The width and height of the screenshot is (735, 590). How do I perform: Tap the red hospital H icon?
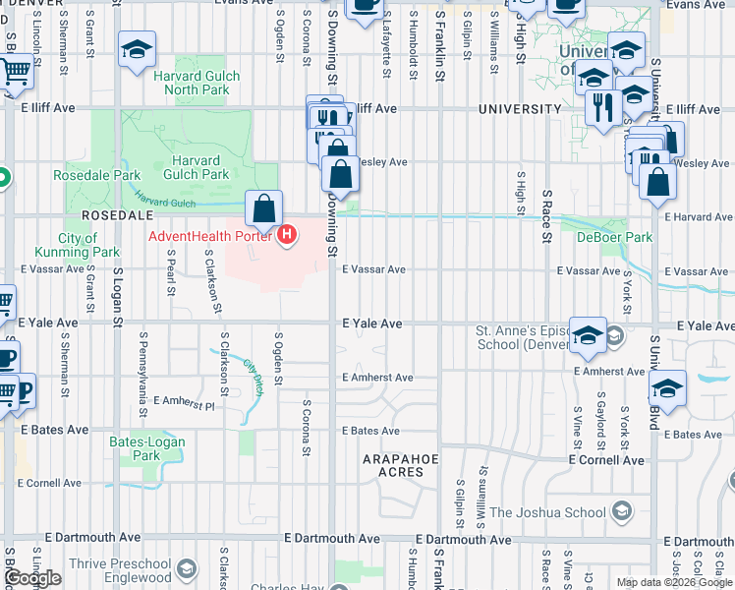point(287,236)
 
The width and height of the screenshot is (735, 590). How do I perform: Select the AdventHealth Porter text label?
point(211,236)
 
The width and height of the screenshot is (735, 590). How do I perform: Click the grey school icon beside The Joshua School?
point(620,510)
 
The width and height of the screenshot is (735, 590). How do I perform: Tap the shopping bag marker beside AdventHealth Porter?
point(263,209)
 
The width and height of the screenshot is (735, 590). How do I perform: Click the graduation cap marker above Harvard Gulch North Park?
point(138,50)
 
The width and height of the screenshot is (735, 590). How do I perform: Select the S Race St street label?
point(546,210)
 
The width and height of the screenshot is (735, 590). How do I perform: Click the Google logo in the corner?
point(32,578)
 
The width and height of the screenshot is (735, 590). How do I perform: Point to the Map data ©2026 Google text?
point(674,582)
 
